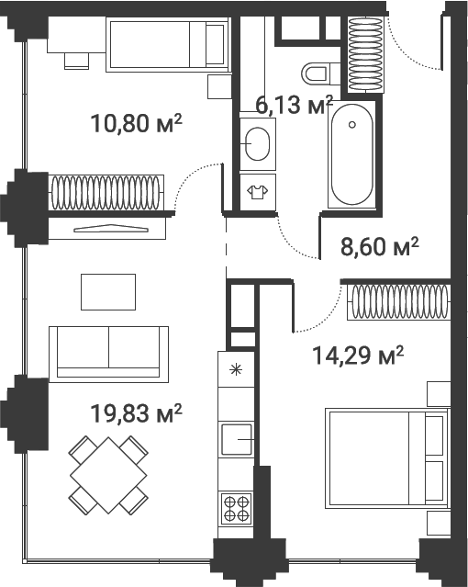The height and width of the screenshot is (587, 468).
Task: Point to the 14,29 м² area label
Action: point(356,356)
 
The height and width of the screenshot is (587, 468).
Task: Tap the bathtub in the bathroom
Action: point(352,156)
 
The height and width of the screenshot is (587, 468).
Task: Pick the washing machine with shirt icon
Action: point(257,192)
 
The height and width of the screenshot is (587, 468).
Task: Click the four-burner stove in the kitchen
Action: point(235,508)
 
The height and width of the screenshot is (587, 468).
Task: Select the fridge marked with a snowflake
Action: point(236,369)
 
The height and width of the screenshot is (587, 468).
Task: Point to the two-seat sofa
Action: point(109,351)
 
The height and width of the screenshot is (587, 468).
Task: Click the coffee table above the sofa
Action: point(108,291)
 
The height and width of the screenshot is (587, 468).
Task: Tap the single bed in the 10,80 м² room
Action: point(167,43)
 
